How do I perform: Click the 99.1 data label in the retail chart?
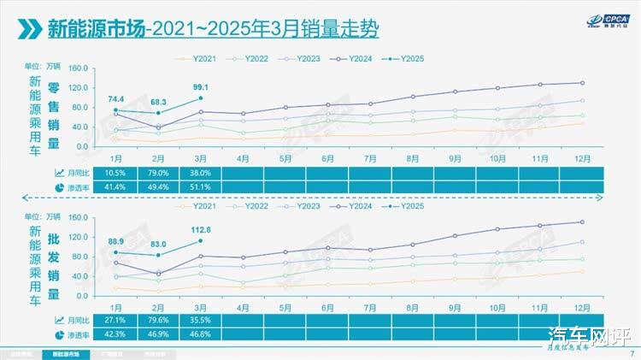coord(201,86)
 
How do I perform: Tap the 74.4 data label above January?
coord(116,99)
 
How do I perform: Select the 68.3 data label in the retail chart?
coord(158,103)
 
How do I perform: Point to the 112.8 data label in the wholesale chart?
coord(201,228)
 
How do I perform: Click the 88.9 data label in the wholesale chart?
coord(116,241)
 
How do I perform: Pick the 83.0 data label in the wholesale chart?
coord(158,245)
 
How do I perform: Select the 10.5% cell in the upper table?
coord(116,173)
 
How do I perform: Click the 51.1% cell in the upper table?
coord(201,186)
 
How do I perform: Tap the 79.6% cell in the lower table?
coord(158,320)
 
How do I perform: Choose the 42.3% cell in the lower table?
coord(116,333)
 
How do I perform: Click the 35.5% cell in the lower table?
coord(201,320)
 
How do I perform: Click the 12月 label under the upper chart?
coord(581,158)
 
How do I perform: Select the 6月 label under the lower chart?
coord(327,306)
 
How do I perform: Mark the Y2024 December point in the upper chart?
coord(582,83)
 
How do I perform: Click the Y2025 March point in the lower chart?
coord(201,238)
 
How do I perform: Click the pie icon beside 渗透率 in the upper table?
coord(60,186)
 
